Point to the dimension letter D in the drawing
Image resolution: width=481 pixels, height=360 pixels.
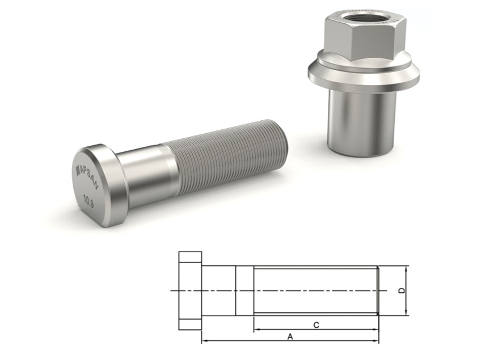point(402,290)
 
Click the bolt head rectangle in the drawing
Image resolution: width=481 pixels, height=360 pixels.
point(190,290)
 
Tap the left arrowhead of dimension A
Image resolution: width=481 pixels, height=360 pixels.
point(205,341)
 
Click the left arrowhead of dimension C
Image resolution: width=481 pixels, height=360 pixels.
point(256,329)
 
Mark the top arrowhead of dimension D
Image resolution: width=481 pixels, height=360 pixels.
point(407,268)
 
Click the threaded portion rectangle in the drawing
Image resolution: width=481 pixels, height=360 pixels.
point(315,290)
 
